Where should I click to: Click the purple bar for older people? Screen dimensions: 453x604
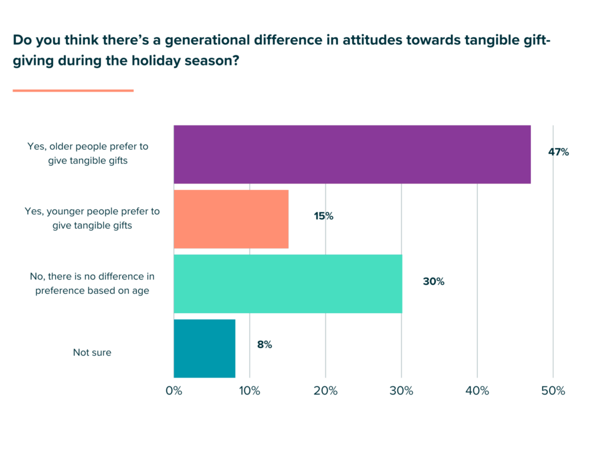(352, 155)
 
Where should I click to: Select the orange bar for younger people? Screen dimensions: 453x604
(231, 219)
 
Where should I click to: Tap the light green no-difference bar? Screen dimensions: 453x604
(288, 284)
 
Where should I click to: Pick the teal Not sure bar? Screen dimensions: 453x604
(205, 348)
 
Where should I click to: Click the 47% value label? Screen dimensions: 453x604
(558, 152)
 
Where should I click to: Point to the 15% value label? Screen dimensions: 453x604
(323, 216)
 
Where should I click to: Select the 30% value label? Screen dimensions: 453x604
(434, 282)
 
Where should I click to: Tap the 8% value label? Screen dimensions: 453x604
(264, 345)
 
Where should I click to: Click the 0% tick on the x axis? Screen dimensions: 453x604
(174, 391)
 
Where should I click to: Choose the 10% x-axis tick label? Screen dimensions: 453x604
(250, 391)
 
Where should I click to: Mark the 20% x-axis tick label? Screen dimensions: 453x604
(326, 391)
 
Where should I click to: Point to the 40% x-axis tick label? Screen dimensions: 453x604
(477, 391)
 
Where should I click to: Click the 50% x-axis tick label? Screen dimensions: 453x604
(553, 391)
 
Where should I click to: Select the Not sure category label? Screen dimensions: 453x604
(92, 353)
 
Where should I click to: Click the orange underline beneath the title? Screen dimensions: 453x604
(73, 90)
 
